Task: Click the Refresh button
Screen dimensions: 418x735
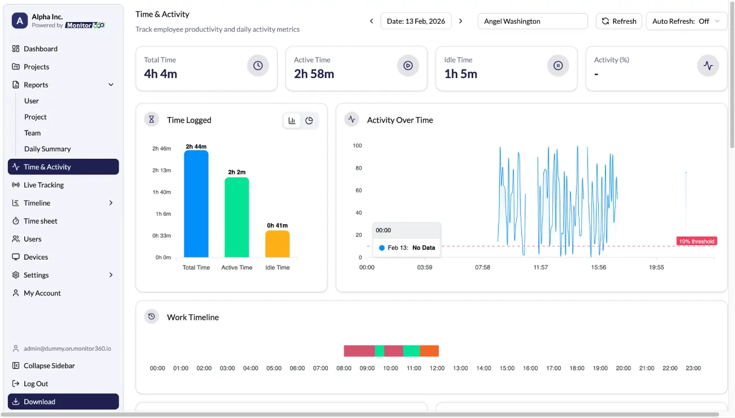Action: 619,21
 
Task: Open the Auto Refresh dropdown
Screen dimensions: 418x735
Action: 686,21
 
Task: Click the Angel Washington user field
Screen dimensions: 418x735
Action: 532,21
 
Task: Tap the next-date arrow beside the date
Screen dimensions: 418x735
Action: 461,21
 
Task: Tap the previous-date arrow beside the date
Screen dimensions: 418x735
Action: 371,21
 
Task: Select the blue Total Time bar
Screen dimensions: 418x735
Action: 196,204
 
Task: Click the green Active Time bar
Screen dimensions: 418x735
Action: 237,217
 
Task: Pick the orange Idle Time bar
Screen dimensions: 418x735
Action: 278,244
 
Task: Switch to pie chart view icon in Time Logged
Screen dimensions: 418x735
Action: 309,120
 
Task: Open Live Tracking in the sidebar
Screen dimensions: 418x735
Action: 44,185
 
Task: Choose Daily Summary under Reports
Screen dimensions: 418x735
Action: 47,149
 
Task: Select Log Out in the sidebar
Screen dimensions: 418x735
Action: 36,384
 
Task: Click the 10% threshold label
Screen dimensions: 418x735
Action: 697,241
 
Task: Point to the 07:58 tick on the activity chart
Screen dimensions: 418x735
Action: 483,267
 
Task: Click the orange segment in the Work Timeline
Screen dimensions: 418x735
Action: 429,351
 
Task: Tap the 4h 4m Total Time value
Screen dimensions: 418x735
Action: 161,74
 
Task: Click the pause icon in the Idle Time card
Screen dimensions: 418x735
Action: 558,66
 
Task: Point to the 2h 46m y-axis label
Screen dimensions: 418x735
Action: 161,149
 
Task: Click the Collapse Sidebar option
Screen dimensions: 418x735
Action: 49,365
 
